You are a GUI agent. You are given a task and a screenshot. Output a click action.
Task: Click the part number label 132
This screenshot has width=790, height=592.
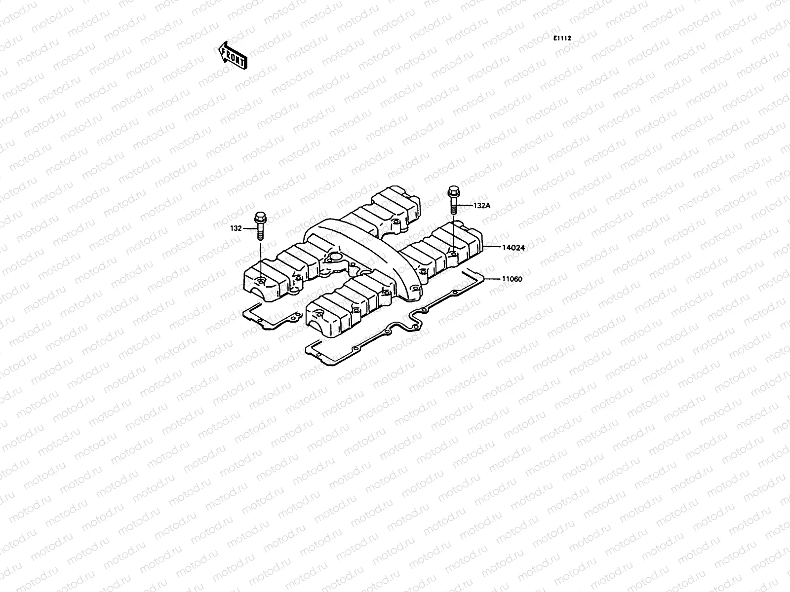tap(236, 228)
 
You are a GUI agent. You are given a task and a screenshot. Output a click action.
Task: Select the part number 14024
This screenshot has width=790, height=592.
tap(513, 248)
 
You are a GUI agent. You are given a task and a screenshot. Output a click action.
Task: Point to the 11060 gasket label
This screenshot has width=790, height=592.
tap(513, 279)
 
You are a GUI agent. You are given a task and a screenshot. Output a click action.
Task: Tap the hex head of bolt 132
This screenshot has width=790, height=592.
tap(260, 218)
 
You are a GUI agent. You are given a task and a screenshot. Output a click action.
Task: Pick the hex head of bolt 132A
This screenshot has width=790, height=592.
tap(453, 191)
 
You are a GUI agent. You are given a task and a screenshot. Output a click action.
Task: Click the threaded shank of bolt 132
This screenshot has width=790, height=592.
tap(260, 232)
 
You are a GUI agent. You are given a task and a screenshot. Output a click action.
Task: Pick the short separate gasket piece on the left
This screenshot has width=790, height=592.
tap(269, 318)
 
